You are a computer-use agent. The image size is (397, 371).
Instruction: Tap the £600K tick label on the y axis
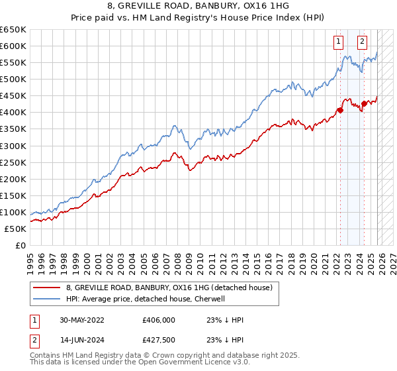[13, 46]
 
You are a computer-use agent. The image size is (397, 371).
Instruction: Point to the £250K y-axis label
[13, 162]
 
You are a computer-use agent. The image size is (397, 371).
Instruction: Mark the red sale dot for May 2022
[340, 110]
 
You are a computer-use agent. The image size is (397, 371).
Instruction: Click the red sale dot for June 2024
[364, 103]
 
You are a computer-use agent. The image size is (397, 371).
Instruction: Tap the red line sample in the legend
[47, 288]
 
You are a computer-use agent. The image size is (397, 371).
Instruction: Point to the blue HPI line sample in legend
[47, 299]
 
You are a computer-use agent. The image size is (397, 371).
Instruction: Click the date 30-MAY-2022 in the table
[83, 320]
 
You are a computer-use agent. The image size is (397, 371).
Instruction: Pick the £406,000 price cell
[157, 320]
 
